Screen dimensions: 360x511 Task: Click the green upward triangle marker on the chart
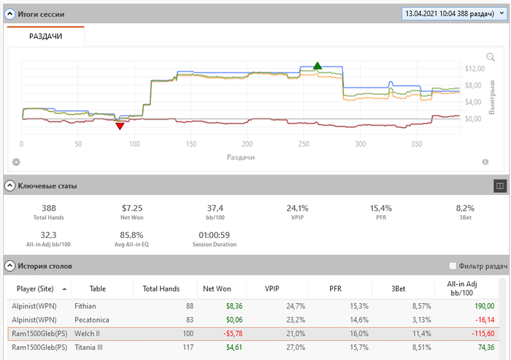(x=317, y=66)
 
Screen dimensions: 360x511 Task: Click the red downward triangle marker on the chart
(x=120, y=126)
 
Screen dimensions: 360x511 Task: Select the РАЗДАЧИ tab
(x=45, y=37)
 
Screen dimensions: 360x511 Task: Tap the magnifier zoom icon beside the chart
(x=491, y=58)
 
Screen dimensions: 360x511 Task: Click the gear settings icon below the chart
(x=16, y=161)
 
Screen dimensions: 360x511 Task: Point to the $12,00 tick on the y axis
(x=474, y=69)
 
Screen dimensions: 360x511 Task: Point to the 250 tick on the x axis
(x=304, y=144)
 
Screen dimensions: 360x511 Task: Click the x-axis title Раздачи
(x=240, y=156)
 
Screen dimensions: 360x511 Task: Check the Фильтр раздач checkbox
(x=453, y=266)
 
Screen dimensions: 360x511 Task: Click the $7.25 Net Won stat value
(x=132, y=208)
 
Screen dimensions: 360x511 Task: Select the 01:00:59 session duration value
(x=215, y=235)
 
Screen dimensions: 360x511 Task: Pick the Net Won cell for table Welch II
(x=218, y=334)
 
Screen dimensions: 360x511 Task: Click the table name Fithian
(x=85, y=306)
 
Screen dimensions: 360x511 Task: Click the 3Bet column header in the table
(x=399, y=288)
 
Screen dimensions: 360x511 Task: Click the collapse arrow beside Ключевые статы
(x=9, y=185)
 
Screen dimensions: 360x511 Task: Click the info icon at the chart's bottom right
(x=485, y=162)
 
